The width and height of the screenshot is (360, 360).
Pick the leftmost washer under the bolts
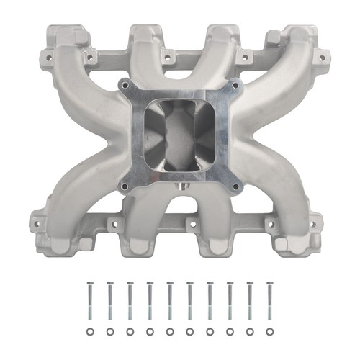point(89,332)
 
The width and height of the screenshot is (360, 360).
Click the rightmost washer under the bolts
point(271,332)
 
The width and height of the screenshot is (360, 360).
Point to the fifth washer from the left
point(170,332)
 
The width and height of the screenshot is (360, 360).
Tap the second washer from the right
point(251,332)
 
